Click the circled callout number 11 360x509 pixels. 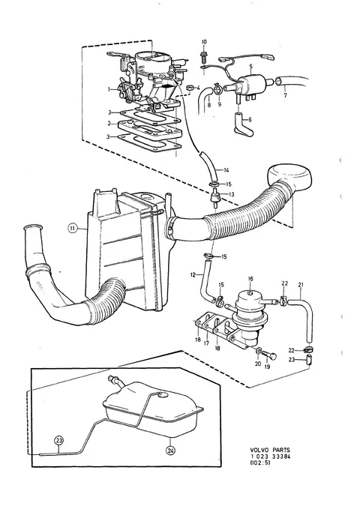(72, 229)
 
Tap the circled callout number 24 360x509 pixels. (170, 450)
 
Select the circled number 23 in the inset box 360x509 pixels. (58, 441)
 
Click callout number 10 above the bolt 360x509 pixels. (204, 42)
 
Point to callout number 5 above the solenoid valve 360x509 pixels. (250, 66)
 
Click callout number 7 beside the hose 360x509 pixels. (285, 96)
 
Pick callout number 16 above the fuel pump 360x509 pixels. (250, 279)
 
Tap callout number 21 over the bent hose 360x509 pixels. (301, 285)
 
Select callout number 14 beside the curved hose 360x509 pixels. (226, 169)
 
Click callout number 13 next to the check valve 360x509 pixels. (231, 194)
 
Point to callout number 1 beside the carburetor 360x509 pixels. (110, 89)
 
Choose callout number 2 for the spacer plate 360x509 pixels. (109, 124)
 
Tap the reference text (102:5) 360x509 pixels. (260, 463)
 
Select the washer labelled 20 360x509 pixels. (259, 350)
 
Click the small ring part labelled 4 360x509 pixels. (190, 87)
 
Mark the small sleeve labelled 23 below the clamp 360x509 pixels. (309, 360)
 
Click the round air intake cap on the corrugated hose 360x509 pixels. (289, 177)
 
